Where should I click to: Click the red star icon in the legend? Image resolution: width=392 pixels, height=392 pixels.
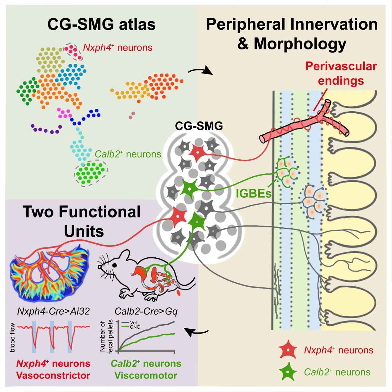tap(288, 350)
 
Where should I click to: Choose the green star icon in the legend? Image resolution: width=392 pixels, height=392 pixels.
tap(288, 372)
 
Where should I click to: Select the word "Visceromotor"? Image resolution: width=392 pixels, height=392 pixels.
tap(146, 375)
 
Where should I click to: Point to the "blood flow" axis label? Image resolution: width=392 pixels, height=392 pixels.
tap(12, 338)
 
